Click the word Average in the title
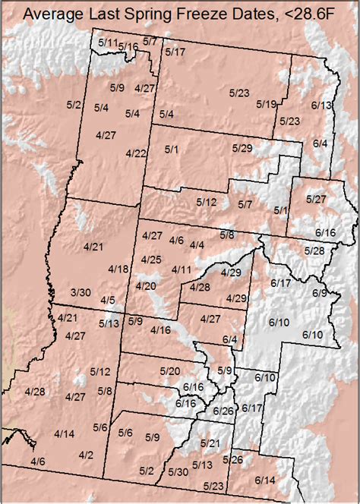(56, 13)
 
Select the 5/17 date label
(175, 52)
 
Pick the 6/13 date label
(322, 106)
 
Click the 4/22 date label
(136, 153)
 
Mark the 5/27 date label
(315, 199)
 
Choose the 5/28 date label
(314, 250)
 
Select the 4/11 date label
(182, 270)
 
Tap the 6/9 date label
(320, 293)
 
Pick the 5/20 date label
(170, 370)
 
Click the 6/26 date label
(224, 411)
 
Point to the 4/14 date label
(65, 433)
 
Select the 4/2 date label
(86, 455)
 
